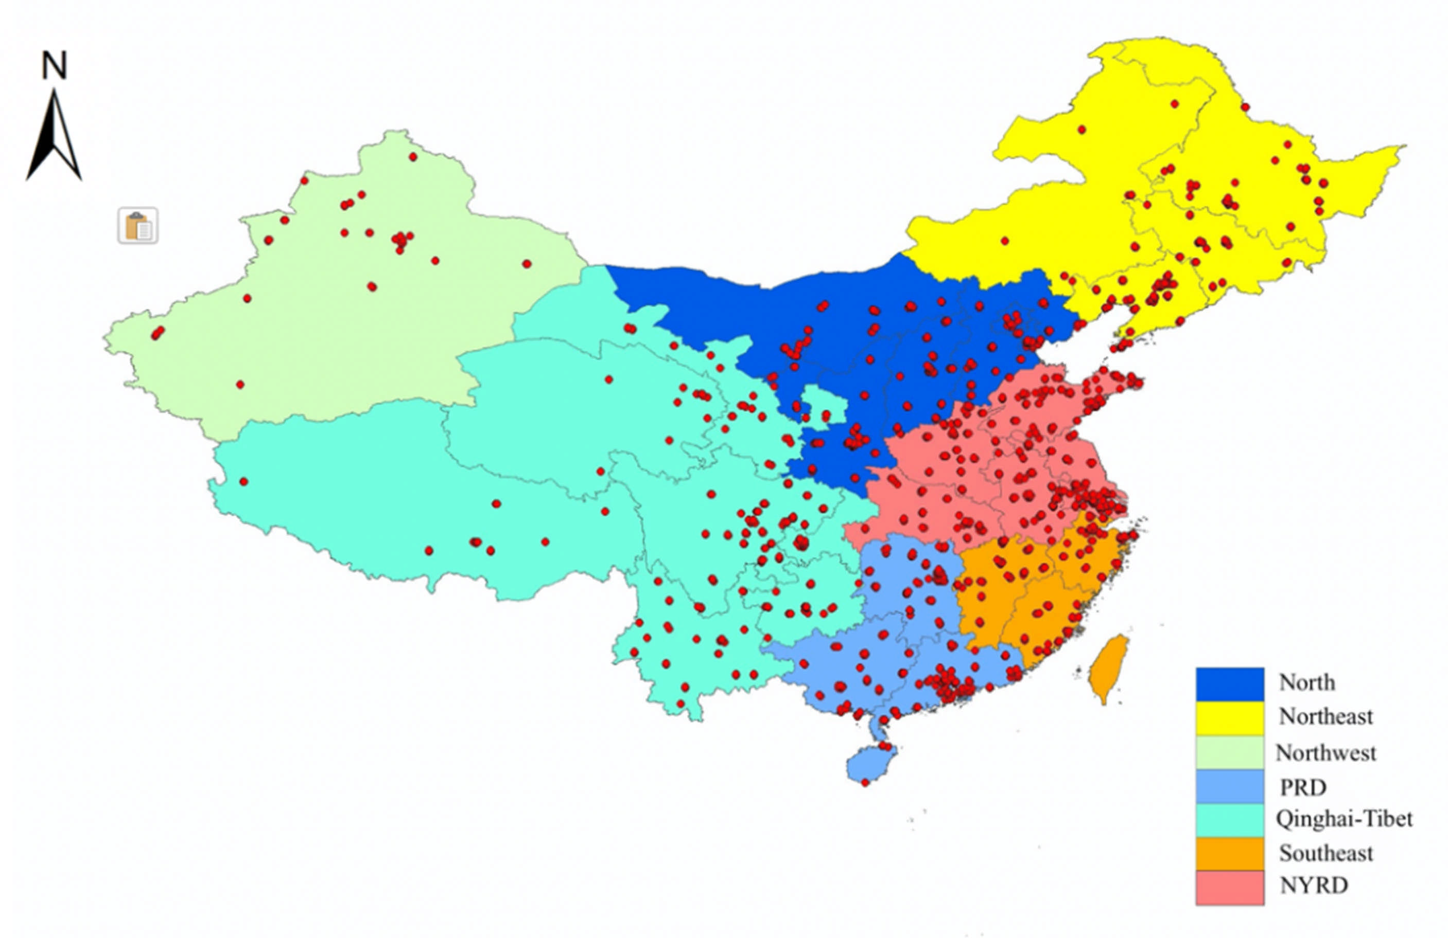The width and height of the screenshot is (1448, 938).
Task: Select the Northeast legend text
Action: click(1325, 717)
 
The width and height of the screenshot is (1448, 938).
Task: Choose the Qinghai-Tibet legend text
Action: click(1344, 819)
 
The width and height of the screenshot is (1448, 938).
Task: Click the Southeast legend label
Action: click(1325, 854)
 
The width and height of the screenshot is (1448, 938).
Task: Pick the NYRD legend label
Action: click(1314, 886)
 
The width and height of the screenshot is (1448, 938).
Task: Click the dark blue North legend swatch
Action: click(1230, 684)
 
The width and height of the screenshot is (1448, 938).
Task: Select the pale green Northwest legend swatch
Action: click(1230, 752)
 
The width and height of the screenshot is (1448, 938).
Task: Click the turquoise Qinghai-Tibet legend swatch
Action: click(1230, 821)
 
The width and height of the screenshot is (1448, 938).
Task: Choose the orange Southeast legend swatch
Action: click(1230, 854)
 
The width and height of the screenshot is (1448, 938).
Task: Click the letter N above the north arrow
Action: click(54, 66)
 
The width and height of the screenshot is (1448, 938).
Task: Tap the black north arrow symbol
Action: click(54, 137)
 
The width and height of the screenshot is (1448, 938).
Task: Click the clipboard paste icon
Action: click(138, 226)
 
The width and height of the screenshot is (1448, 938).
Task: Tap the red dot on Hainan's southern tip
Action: click(866, 782)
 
